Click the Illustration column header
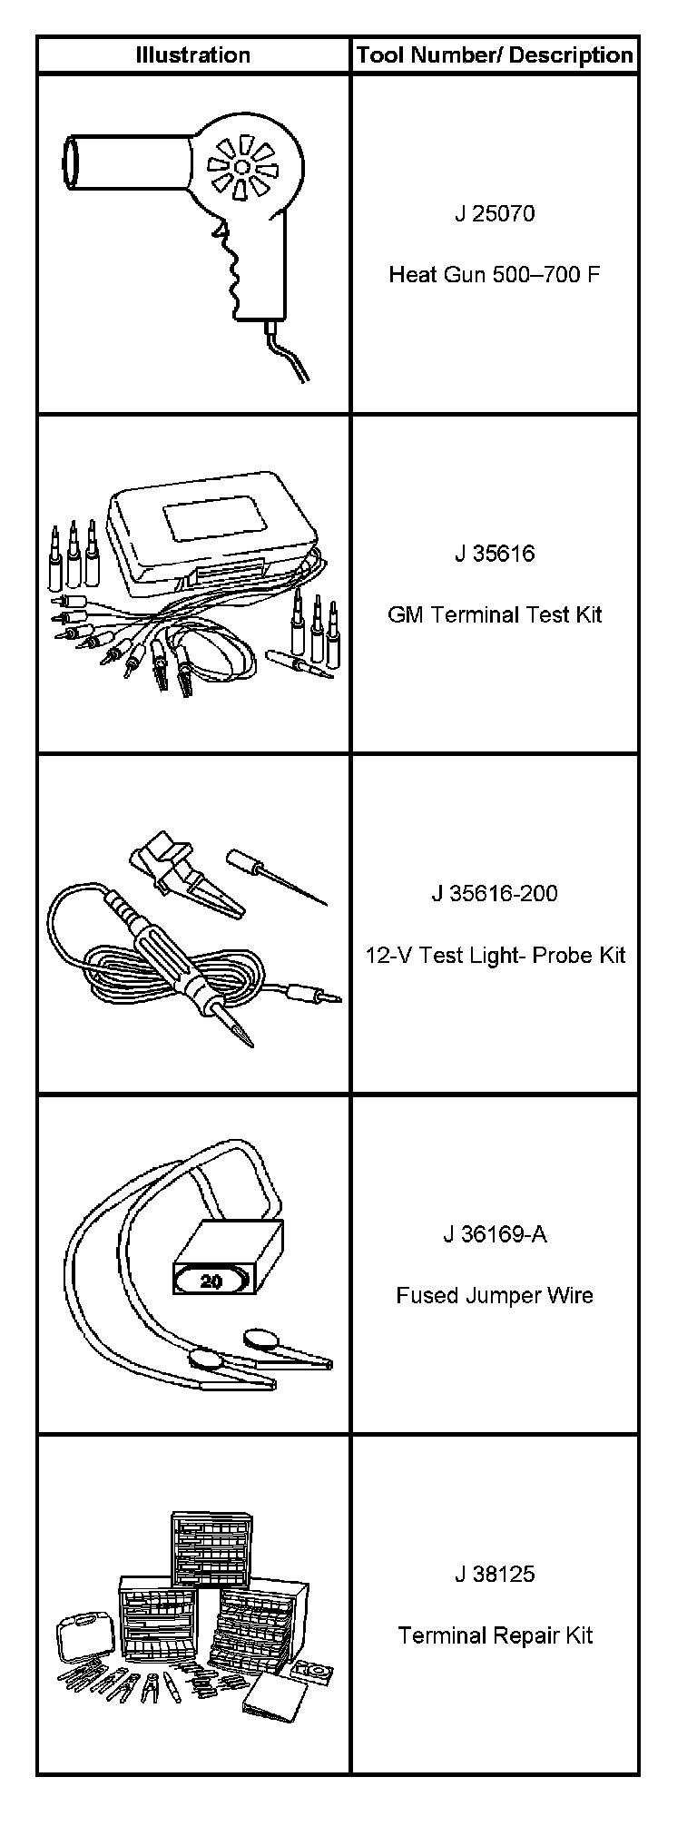(192, 54)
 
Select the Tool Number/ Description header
(495, 54)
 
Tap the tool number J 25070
(495, 213)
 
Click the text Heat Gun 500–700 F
(495, 274)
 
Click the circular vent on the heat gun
(241, 167)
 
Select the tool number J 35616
(495, 554)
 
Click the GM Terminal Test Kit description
(495, 614)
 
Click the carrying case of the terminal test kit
(213, 531)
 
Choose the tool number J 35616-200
(495, 893)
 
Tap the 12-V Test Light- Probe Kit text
(495, 955)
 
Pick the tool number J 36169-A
(495, 1234)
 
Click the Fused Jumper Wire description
(495, 1295)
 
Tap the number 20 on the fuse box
(211, 1281)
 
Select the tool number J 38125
(495, 1574)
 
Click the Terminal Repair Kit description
(495, 1635)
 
